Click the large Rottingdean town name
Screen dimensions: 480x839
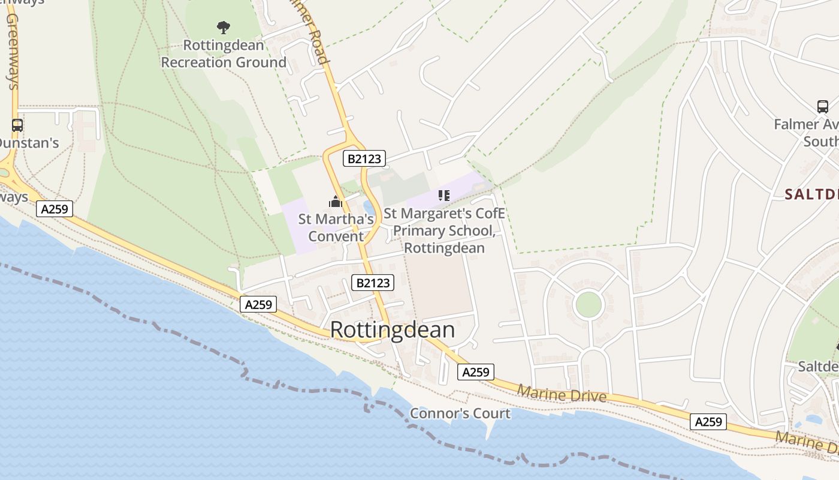coord(392,330)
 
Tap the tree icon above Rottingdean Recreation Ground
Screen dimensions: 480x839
coord(224,27)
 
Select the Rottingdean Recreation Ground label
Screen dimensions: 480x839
coord(224,54)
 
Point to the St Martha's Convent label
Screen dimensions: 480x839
coord(336,227)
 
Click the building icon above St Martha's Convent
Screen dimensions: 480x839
coord(336,202)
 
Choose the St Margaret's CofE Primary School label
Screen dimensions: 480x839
coord(444,230)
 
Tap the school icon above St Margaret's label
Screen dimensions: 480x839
coord(443,195)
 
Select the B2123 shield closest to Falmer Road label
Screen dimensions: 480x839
coord(364,158)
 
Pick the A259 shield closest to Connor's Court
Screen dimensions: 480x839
coord(476,372)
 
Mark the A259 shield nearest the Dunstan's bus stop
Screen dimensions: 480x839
coord(55,209)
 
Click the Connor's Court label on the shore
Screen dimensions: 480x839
coord(460,413)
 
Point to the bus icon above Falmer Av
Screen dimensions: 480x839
coord(823,107)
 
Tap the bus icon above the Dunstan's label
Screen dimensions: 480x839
coord(17,125)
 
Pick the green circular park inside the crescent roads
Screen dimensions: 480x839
coord(588,304)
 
